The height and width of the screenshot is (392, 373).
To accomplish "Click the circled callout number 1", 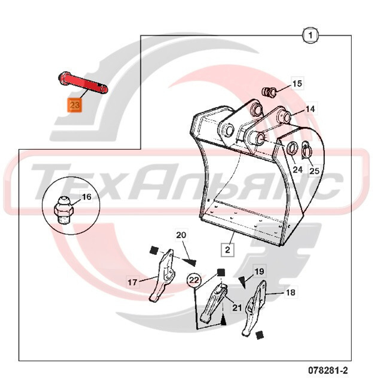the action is [310, 35].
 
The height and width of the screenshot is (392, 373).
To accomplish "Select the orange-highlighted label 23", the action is [75, 105].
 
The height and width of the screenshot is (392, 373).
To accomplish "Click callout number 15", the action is [297, 84].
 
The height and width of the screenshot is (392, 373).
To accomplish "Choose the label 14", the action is [310, 109].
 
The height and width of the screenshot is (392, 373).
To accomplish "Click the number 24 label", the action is [298, 170].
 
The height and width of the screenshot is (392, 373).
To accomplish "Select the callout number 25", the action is [314, 171].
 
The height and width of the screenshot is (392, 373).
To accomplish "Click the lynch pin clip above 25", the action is [306, 150].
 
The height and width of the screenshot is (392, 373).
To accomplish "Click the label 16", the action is [87, 197].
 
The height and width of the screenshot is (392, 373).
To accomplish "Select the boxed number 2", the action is [227, 250].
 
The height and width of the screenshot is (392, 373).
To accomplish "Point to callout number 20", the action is [181, 235].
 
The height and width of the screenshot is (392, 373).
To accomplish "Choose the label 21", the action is [237, 307].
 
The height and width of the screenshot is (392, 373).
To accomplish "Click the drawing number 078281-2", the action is [328, 370].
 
